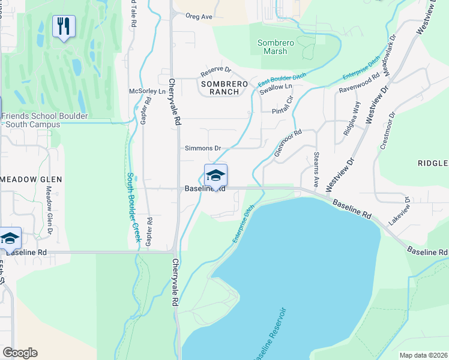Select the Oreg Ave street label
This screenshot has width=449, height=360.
pos(199,17)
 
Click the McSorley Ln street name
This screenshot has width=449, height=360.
pos(147,91)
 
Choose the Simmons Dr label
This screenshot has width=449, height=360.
pos(203,148)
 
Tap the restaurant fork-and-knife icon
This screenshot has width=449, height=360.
pos(64,26)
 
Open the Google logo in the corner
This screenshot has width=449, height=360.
pos(20,353)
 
